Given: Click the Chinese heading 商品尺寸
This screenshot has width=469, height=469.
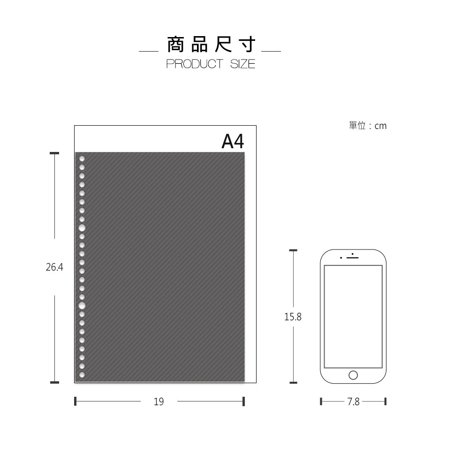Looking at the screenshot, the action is point(211,45).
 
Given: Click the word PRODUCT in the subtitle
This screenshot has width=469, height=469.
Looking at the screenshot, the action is point(195,64).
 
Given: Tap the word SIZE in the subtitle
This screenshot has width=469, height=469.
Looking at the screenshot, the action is point(242,64).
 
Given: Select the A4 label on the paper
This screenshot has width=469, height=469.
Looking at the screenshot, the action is point(233,141).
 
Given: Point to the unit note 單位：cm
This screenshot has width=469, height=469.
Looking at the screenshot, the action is point(368,126).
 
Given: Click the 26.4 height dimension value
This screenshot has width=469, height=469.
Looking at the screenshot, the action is point(54,267).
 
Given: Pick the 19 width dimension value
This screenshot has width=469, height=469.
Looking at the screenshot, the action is point(159,401).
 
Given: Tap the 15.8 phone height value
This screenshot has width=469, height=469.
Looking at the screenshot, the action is point(293,317).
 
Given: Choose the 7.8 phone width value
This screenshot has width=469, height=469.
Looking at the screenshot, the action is point(353,401).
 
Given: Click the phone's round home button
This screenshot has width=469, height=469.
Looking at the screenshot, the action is point(353,375).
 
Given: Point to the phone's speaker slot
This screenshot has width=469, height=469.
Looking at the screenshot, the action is point(353,257).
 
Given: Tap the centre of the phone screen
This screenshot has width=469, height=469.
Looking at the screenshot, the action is point(353,317).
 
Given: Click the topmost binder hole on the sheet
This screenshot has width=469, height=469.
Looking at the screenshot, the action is point(82,159).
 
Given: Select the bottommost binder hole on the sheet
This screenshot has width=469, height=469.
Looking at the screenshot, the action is point(82,375).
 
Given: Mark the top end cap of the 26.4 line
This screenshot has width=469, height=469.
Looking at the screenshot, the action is point(54,153).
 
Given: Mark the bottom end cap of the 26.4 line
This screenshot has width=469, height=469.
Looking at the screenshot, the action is point(54,382).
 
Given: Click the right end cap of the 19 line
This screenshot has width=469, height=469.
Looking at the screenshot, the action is point(244,401).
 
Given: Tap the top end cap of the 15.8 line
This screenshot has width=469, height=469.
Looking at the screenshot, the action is point(294,250).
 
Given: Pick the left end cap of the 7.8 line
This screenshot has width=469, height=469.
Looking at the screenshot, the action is point(321,401).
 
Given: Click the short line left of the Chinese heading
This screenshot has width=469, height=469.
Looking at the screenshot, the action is point(149,51).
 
